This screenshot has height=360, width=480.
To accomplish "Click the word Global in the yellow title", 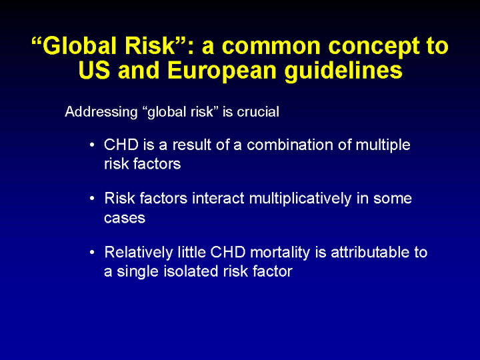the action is tap(79, 46).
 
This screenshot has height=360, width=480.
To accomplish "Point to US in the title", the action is tap(94, 71).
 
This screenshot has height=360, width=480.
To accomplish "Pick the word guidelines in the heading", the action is tap(343, 71).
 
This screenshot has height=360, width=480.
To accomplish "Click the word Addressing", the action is tap(101, 113).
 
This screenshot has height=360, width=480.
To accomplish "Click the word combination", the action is tap(290, 145).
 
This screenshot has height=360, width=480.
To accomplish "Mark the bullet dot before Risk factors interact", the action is tap(92, 199).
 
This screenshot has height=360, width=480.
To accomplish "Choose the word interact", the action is tap(218, 199).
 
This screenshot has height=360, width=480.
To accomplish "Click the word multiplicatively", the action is tap(300, 199).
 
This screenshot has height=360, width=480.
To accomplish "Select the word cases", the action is tap(125, 218).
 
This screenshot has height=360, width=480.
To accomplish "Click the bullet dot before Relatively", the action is tap(92, 252).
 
